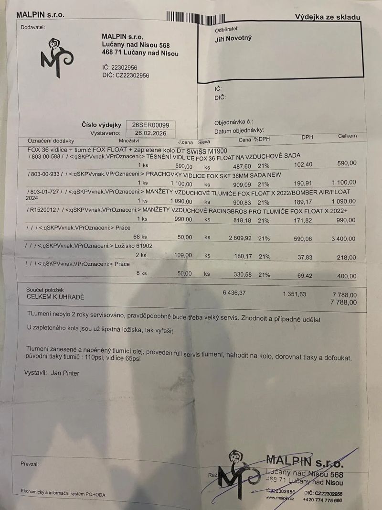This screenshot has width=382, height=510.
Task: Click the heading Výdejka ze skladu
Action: (x=327, y=18)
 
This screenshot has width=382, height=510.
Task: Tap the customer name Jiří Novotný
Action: (x=233, y=39)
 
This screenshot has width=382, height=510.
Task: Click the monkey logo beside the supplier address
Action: (x=57, y=58)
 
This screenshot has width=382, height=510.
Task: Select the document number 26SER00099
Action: (x=150, y=125)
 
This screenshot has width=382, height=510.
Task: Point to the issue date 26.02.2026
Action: (x=150, y=133)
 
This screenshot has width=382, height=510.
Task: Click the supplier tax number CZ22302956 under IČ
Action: (x=132, y=76)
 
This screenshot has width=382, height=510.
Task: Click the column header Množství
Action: (x=129, y=141)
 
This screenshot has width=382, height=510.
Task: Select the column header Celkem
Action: (x=347, y=136)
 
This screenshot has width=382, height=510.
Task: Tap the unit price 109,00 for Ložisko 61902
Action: (x=183, y=255)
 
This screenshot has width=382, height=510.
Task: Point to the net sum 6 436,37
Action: (x=234, y=293)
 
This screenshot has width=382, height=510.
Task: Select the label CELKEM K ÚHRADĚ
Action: (x=55, y=297)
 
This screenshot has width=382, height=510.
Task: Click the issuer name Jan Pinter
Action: (x=65, y=373)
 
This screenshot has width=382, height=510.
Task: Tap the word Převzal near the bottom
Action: (x=30, y=464)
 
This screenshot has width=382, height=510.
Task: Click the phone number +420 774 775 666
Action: (x=323, y=500)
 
